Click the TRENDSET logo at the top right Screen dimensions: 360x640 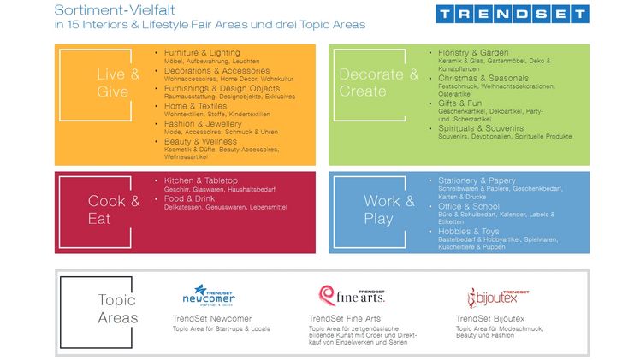(512, 15)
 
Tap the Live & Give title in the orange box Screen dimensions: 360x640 (117, 83)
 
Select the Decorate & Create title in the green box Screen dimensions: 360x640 (378, 82)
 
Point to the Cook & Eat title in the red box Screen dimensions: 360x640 (113, 210)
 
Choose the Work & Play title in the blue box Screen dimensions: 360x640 (388, 210)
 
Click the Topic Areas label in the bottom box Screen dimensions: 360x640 (118, 309)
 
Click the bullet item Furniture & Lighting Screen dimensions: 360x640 (202, 53)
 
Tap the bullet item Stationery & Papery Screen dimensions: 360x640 (477, 180)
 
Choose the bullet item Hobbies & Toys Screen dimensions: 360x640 (469, 232)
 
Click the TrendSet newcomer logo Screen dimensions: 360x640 (209, 296)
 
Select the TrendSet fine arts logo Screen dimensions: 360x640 (352, 295)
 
